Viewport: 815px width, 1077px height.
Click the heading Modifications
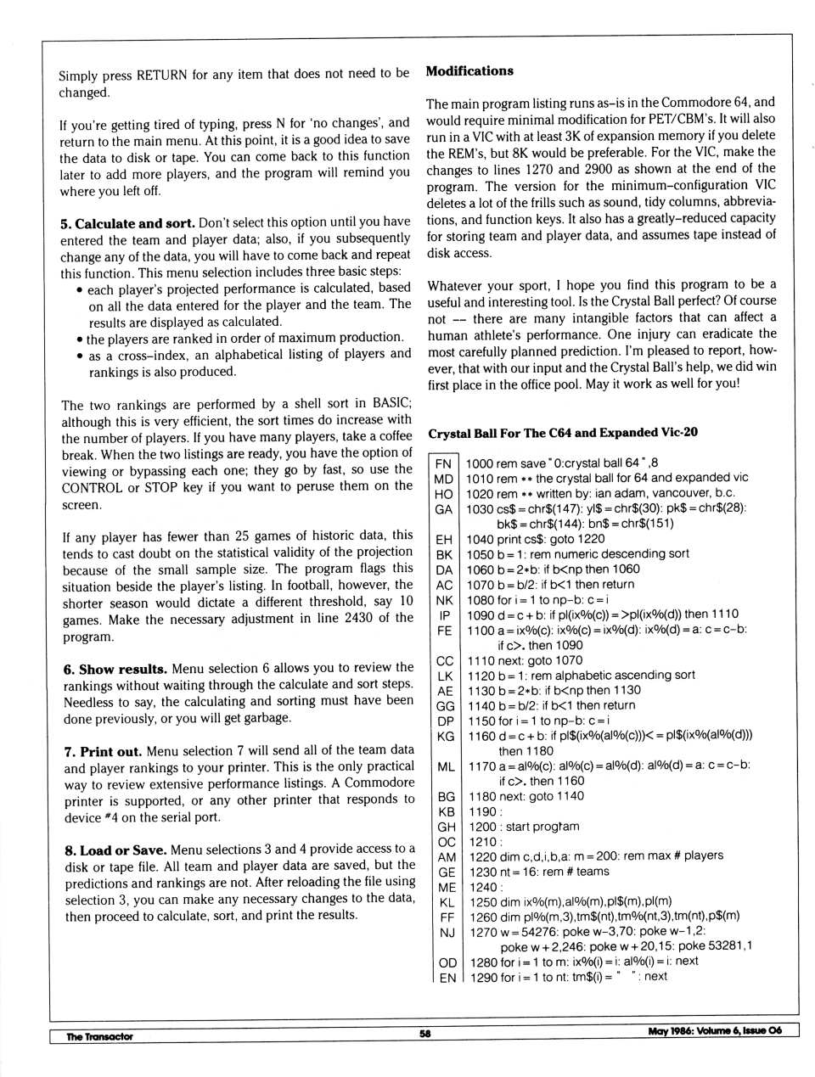469,71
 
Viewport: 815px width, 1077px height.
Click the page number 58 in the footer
425,1033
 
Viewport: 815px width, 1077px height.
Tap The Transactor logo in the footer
99,1036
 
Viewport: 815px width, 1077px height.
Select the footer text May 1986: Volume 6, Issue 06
714,1031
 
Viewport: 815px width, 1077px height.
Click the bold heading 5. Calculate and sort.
127,223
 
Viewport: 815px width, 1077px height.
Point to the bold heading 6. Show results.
115,669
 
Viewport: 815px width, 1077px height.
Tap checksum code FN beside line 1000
443,463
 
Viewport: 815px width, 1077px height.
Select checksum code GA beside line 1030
443,509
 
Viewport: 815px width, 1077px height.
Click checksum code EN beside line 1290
447,978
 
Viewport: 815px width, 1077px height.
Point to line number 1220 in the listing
482,856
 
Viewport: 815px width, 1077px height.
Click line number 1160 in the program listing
482,736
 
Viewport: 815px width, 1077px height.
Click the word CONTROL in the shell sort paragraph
91,487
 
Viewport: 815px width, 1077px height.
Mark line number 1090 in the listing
481,614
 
